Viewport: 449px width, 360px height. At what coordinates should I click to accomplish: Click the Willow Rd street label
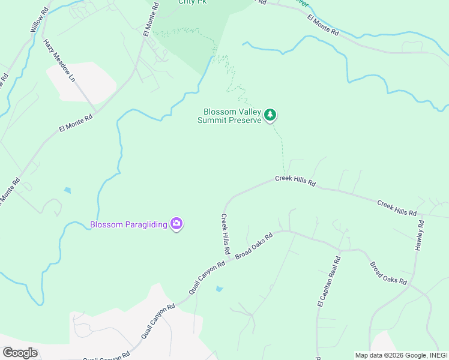(36, 20)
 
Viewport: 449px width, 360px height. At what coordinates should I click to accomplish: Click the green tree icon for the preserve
(271, 114)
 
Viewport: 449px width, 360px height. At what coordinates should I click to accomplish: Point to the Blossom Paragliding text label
(128, 225)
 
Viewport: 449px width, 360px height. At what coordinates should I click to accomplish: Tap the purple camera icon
(176, 224)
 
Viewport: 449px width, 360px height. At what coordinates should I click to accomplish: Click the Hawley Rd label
(420, 235)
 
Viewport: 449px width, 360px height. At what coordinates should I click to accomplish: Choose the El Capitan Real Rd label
(328, 281)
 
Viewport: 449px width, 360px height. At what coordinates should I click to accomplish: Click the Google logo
(20, 352)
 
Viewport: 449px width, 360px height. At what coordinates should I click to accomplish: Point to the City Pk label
(192, 2)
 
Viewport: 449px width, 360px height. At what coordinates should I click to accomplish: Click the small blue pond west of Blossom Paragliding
(67, 190)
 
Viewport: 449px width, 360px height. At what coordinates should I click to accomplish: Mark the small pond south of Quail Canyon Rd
(219, 289)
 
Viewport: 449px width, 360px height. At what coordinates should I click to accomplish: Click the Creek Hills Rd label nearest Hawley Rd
(397, 208)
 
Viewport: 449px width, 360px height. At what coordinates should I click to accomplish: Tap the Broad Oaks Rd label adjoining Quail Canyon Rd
(254, 246)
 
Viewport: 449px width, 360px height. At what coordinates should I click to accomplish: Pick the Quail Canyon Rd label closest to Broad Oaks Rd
(206, 277)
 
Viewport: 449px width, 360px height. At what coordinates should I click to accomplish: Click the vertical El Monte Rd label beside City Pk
(150, 19)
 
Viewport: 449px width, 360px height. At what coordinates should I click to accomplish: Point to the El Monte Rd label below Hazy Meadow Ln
(76, 123)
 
